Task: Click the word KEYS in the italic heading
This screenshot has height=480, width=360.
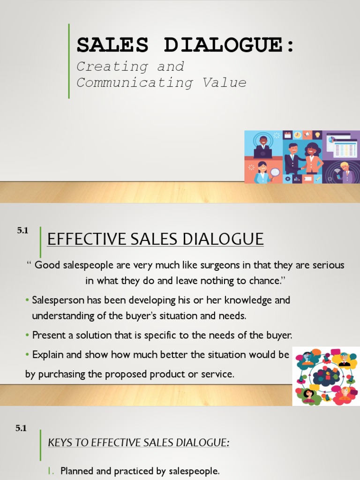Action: click(x=59, y=442)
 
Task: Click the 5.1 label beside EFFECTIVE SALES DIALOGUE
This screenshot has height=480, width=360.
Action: click(x=22, y=230)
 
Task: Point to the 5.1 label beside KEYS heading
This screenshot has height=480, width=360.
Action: click(x=21, y=428)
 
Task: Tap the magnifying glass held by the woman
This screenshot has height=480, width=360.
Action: click(x=275, y=172)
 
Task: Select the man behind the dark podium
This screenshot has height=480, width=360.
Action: click(x=263, y=146)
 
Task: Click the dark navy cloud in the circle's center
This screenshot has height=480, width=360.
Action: click(x=325, y=376)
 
